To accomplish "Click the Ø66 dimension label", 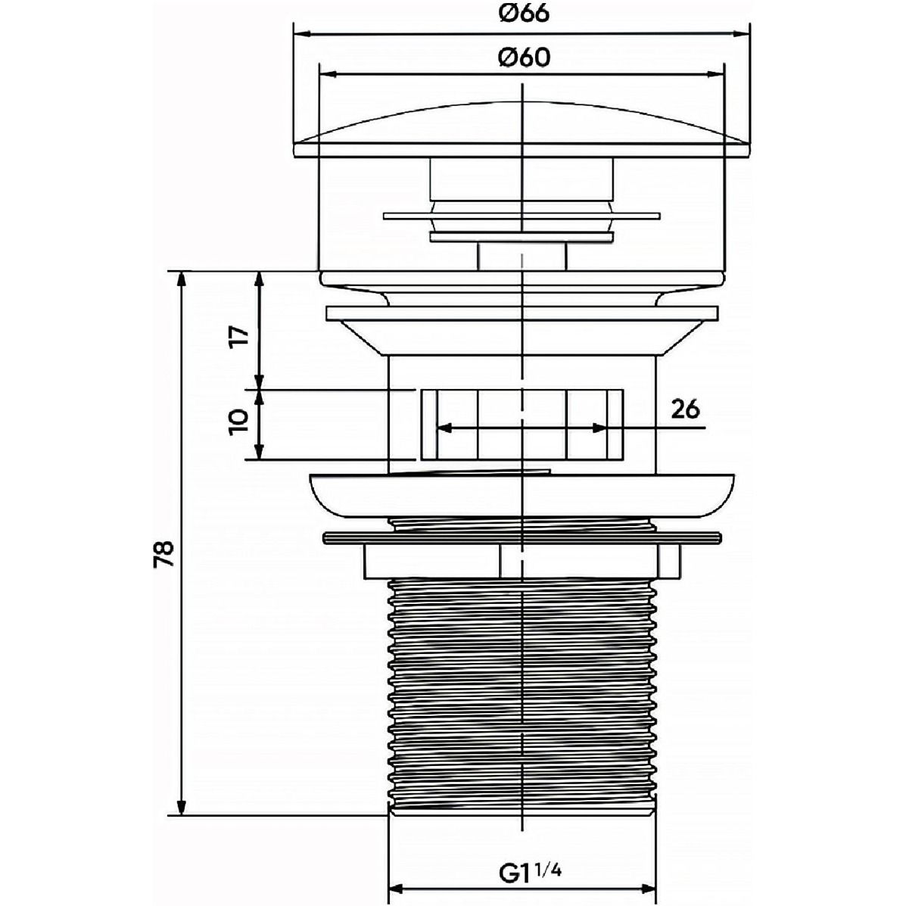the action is tap(524, 14).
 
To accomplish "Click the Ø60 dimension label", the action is tap(524, 57).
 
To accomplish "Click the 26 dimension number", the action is tap(685, 409).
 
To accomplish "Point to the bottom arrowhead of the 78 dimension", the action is tap(182, 807).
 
